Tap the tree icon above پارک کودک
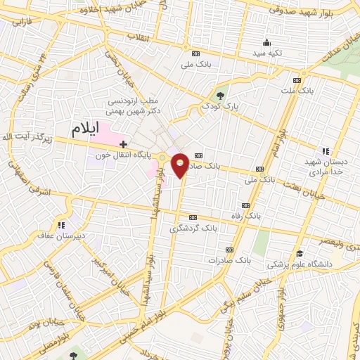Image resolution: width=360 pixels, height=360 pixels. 221,96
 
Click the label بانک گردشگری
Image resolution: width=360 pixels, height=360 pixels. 193,229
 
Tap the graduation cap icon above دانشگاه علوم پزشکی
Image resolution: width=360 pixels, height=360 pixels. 300,254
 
